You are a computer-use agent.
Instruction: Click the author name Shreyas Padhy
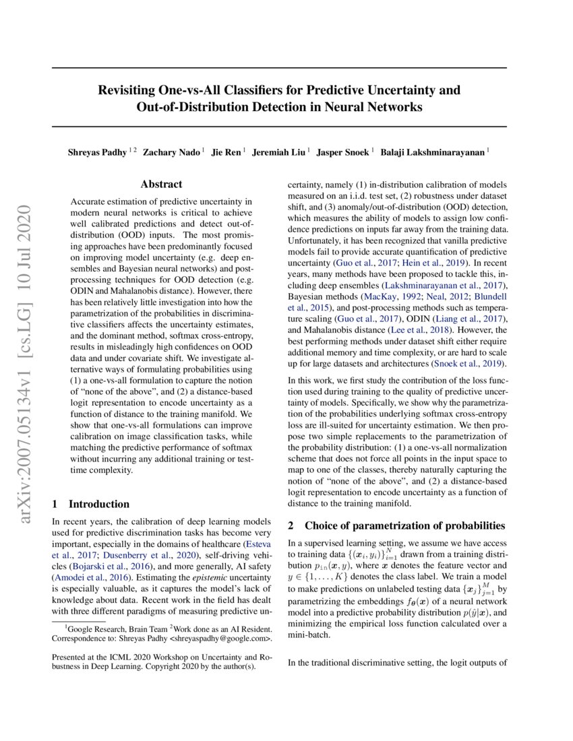pos(97,152)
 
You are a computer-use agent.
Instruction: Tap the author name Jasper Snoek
pos(343,152)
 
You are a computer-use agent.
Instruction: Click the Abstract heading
pos(161,184)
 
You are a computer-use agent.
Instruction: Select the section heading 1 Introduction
pos(90,504)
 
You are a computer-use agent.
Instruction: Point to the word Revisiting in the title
pos(129,90)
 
